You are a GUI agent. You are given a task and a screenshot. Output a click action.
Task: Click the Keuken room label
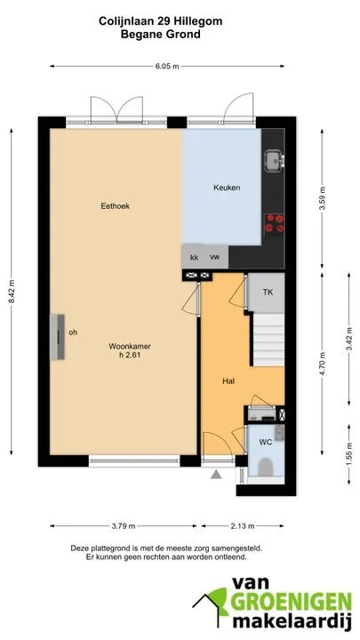point(227,188)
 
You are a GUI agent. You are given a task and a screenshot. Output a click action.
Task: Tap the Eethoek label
point(115,206)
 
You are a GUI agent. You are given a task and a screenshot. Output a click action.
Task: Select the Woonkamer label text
point(130,346)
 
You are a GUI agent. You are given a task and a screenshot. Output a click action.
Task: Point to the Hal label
point(228,381)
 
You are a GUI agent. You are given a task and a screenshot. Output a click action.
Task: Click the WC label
point(265,442)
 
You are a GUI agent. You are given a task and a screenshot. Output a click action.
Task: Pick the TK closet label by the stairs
point(268,292)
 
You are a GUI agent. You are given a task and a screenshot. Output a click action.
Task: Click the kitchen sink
point(274,160)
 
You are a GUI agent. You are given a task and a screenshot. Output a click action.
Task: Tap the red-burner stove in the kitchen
point(275,224)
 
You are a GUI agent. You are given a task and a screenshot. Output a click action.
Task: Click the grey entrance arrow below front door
point(216,474)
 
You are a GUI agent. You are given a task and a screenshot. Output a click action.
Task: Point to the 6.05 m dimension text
point(167,67)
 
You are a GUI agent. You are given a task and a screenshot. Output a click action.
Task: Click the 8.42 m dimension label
point(12,291)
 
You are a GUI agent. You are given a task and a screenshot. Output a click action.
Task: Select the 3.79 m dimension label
point(124,526)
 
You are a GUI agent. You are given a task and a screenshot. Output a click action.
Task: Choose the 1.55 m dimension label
point(349,453)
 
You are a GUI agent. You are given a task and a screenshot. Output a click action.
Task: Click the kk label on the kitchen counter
point(195,258)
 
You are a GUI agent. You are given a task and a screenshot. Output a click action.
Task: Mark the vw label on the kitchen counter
point(215,257)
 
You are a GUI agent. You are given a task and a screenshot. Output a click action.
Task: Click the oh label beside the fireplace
point(73,332)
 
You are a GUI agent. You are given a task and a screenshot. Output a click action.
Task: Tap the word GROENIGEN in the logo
point(291,601)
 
